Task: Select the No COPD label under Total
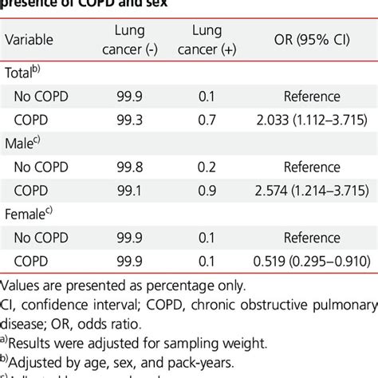point(43,96)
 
